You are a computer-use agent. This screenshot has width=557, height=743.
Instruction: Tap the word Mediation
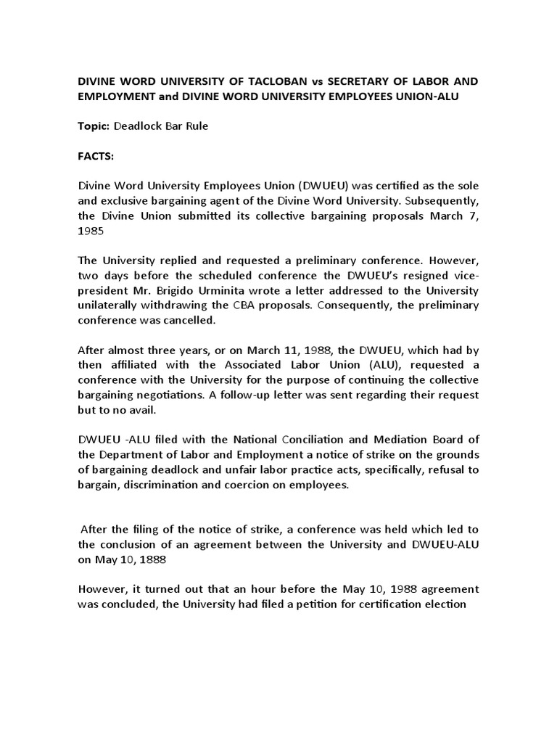point(396,440)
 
